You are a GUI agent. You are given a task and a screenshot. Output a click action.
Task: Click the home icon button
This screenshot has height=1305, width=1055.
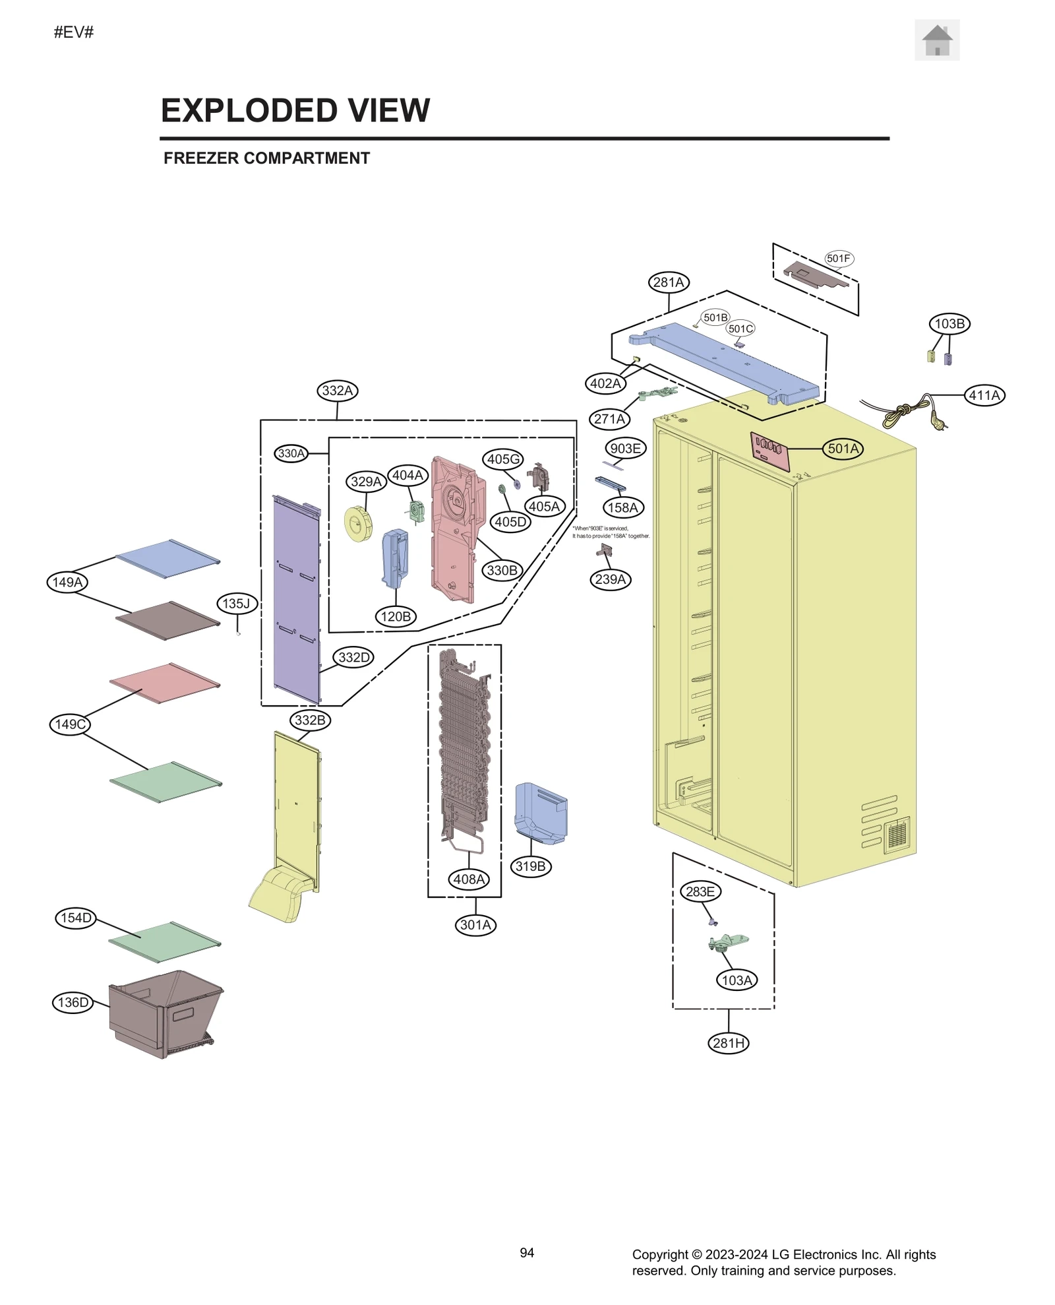936,40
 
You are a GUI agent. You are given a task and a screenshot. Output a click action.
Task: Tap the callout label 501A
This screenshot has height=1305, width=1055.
843,449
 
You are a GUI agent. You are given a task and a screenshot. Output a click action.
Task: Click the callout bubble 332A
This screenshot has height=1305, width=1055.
337,391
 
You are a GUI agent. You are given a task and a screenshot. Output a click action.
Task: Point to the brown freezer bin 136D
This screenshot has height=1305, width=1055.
165,1013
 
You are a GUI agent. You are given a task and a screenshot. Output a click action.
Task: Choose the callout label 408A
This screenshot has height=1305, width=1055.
469,879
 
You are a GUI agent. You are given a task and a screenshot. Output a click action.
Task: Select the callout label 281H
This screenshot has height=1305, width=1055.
729,1043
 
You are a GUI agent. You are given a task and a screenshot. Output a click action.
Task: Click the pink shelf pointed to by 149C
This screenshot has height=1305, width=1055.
165,683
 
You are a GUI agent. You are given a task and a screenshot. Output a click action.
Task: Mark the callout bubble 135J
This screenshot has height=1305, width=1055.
237,603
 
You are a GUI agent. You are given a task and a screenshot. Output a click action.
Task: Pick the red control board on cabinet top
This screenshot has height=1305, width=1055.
769,451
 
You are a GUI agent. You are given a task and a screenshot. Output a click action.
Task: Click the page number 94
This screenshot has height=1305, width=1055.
527,1253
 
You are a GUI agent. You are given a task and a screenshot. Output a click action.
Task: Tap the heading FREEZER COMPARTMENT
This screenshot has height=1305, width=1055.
266,158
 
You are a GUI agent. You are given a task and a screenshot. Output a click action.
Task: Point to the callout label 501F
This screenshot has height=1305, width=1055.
838,259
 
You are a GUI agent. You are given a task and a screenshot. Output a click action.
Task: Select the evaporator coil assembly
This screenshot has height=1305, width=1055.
464,746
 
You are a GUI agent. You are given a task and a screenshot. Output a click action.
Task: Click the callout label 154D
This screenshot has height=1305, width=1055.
76,918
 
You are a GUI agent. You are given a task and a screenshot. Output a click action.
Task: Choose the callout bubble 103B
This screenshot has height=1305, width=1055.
950,324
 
